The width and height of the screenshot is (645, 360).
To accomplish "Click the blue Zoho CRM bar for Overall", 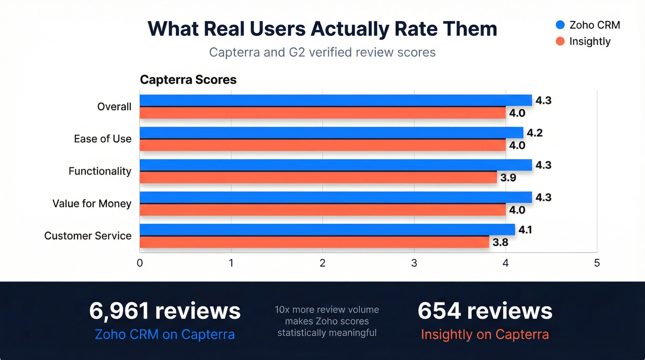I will (335, 100).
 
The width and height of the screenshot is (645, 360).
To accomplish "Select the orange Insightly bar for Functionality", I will (318, 177).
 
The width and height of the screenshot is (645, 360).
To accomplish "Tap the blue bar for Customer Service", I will (327, 230).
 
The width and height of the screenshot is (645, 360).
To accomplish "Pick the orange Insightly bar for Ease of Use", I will (322, 145).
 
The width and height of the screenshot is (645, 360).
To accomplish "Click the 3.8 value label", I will (500, 242).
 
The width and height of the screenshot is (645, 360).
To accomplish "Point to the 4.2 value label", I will (534, 133).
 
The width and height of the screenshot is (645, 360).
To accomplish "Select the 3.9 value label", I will (508, 178).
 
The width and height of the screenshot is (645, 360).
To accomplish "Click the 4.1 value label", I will (526, 230).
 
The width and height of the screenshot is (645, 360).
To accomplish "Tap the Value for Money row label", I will (92, 204).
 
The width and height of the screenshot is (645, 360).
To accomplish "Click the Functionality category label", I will (100, 171).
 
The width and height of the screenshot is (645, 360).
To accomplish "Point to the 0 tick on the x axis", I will (140, 263).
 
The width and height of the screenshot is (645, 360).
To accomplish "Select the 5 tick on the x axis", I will (597, 263).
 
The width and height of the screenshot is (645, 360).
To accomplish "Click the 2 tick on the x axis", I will (322, 263).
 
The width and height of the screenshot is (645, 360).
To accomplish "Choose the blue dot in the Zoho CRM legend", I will (560, 25).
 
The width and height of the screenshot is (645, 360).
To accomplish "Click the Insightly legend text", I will (590, 41).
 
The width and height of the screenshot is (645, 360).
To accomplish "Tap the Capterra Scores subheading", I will (188, 80).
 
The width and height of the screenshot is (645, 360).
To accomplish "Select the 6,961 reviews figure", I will (165, 311).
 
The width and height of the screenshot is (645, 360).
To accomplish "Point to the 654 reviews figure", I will (485, 311).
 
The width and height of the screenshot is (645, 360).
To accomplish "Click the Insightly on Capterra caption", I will (485, 335).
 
